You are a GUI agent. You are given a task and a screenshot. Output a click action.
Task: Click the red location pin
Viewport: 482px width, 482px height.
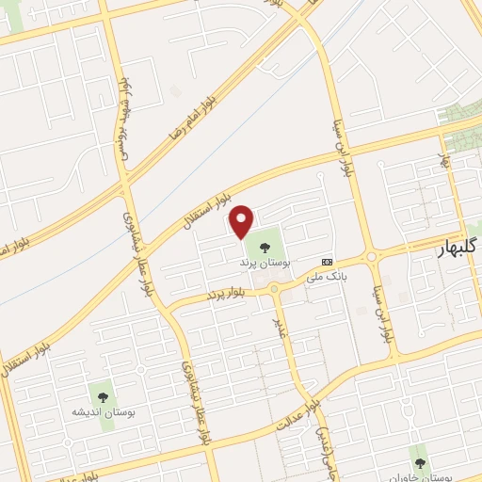pos(242,221)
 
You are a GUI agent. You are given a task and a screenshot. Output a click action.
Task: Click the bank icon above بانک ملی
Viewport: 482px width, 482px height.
pos(327,262)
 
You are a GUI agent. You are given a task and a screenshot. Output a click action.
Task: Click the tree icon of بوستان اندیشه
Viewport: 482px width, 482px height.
pos(102,396)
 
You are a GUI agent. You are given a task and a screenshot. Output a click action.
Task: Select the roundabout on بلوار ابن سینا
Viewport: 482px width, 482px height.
pos(372,255)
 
